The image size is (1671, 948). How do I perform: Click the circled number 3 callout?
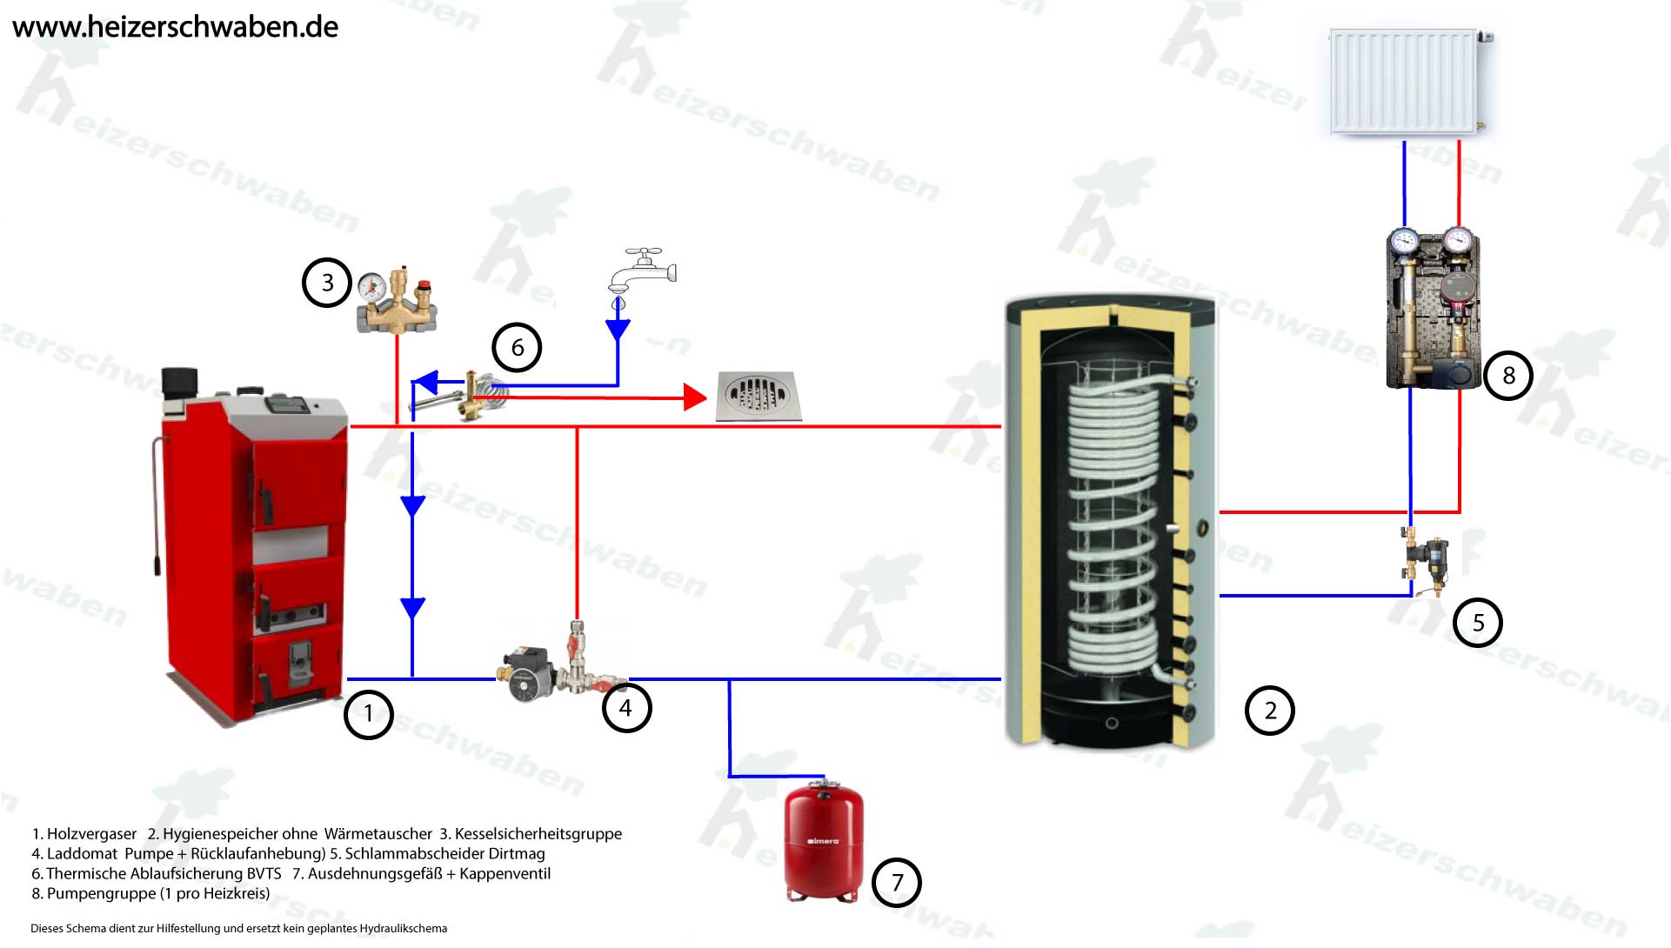tap(327, 283)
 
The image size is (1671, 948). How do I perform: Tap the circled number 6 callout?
tap(517, 348)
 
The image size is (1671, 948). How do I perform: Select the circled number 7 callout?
tap(897, 883)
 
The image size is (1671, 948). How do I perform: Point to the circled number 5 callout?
tap(1478, 623)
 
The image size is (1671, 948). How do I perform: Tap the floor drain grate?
tap(756, 397)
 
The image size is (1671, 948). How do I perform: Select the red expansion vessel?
tap(824, 842)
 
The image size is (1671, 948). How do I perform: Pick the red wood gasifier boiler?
tap(253, 548)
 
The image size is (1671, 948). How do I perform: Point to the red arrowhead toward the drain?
tap(695, 397)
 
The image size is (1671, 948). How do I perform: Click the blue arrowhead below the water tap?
tap(618, 330)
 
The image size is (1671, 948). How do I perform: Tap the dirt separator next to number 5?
tap(1427, 559)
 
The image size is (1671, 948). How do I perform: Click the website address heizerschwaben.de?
tap(176, 27)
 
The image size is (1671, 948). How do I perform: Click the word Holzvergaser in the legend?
tap(91, 834)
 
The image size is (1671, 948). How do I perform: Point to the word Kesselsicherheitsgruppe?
tap(538, 834)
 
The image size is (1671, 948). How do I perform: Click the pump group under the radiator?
tap(1432, 309)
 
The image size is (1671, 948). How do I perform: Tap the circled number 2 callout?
tap(1270, 711)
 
